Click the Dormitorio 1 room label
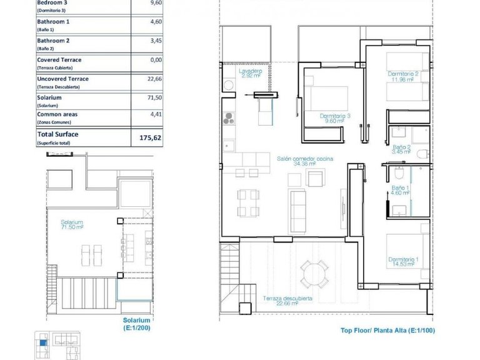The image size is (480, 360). (404, 262)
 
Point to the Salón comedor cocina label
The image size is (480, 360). (305, 162)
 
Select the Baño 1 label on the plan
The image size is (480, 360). (401, 191)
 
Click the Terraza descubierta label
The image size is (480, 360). (287, 301)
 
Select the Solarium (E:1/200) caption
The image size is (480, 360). (137, 323)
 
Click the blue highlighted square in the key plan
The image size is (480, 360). (42, 341)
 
